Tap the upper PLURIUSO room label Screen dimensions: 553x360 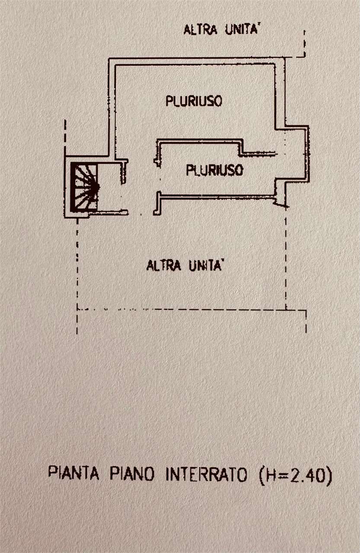tap(194, 102)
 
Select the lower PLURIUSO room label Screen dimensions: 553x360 tap(214, 170)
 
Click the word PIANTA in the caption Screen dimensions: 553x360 tap(73, 474)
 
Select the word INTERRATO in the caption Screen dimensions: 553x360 tap(207, 474)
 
